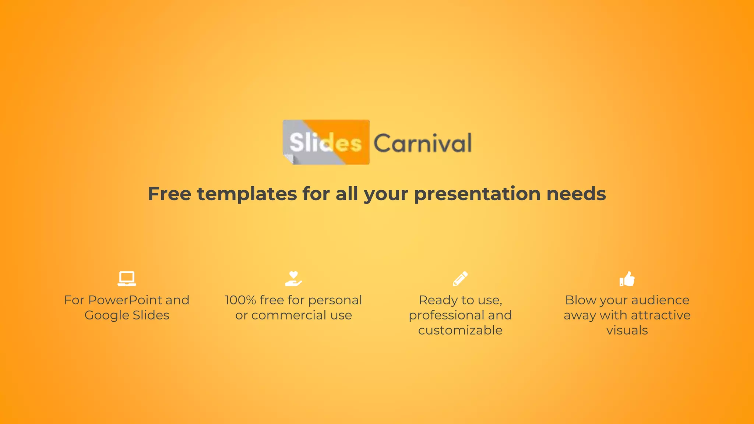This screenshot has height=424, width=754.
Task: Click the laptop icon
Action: point(127,279)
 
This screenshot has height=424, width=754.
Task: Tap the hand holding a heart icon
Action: point(293,279)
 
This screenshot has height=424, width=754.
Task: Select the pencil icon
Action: point(460,279)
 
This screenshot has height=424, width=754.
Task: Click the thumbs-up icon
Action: point(627,279)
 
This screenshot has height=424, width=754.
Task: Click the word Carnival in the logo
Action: point(422,143)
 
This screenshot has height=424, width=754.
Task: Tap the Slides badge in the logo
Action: point(326,142)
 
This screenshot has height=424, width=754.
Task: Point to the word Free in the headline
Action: point(169,194)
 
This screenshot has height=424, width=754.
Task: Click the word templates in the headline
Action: point(247,194)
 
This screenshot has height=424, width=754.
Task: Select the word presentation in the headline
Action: point(477,194)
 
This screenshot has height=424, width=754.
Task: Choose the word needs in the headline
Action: point(576,194)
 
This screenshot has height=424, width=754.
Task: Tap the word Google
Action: point(107,315)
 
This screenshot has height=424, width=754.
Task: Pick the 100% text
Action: point(240,300)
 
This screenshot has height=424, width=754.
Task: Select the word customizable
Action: point(460,331)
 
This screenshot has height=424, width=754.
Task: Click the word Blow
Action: point(580,300)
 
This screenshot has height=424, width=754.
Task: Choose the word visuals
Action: point(627,331)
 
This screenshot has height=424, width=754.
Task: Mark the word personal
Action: point(335,300)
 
